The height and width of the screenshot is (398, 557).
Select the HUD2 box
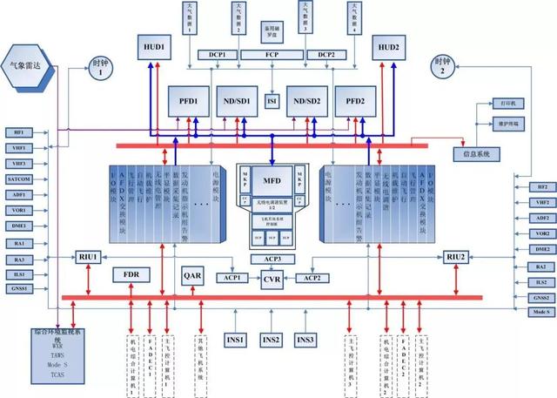pyautogui.click(x=389, y=47)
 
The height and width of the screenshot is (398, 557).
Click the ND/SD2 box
pyautogui.click(x=312, y=99)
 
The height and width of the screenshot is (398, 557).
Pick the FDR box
pyautogui.click(x=132, y=275)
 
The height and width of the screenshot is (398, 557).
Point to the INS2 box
pyautogui.click(x=272, y=339)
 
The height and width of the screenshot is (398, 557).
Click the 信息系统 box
pyautogui.click(x=473, y=154)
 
